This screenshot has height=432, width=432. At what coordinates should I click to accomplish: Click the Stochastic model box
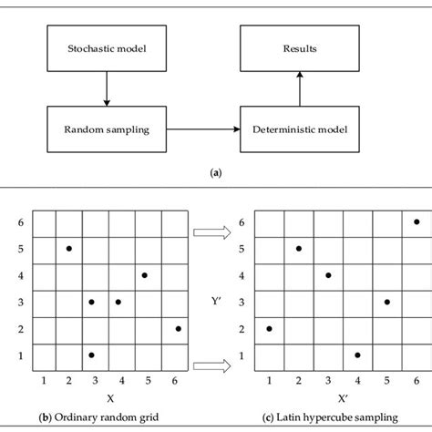107,48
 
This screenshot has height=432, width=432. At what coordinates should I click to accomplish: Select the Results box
300,48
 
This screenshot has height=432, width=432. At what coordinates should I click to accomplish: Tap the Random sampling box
107,129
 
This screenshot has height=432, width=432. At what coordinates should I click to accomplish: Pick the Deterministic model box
300,129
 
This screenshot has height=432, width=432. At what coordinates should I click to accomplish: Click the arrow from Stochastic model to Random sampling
107,88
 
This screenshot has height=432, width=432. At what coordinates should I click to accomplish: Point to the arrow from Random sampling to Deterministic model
203,129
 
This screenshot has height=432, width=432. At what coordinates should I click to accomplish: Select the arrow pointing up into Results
300,88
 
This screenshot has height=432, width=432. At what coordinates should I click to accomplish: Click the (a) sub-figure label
216,173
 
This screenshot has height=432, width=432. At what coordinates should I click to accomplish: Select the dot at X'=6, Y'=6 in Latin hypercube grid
417,221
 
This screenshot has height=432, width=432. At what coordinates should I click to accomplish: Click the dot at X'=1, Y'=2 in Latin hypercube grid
269,329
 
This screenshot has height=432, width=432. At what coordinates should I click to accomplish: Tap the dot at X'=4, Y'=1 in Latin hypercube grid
357,355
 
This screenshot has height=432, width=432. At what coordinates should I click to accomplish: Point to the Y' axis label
216,301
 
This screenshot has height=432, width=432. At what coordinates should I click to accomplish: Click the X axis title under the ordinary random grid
110,398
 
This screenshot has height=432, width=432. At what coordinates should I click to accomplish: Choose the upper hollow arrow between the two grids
212,232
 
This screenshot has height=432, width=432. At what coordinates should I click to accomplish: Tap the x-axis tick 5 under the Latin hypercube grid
386,380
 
